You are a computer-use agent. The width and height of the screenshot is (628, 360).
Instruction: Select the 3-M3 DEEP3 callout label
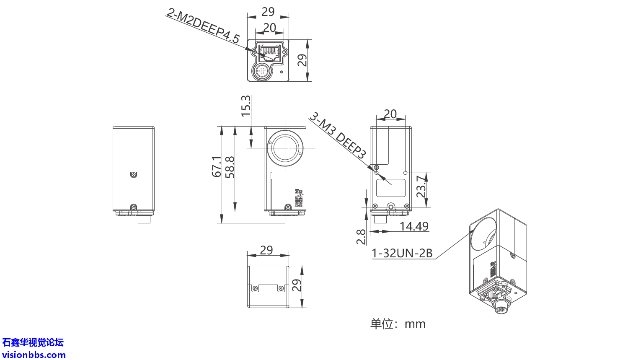click(x=338, y=135)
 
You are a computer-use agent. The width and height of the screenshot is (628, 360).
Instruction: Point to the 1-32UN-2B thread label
click(x=402, y=253)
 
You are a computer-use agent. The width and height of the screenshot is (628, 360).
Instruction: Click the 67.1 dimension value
click(x=217, y=166)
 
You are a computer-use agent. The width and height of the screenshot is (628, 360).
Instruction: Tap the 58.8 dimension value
click(x=230, y=167)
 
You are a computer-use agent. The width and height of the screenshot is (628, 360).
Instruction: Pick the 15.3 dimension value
click(x=246, y=106)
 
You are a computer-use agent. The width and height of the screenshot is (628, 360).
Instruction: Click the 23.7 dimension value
click(x=421, y=187)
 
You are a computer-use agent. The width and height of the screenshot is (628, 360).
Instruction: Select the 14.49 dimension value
click(x=413, y=226)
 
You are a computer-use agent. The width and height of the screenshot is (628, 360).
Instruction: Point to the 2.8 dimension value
click(x=361, y=237)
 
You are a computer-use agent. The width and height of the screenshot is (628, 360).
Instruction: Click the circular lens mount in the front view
click(x=285, y=148)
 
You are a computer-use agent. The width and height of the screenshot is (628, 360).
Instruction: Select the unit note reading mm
click(x=398, y=324)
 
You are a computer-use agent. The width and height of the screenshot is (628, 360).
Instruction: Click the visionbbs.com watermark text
click(x=34, y=355)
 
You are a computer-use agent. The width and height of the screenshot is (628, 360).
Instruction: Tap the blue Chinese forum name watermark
click(x=33, y=342)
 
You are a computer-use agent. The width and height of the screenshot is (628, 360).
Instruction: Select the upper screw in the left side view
click(x=133, y=174)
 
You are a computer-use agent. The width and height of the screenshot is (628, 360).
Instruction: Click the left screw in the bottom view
click(x=255, y=288)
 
